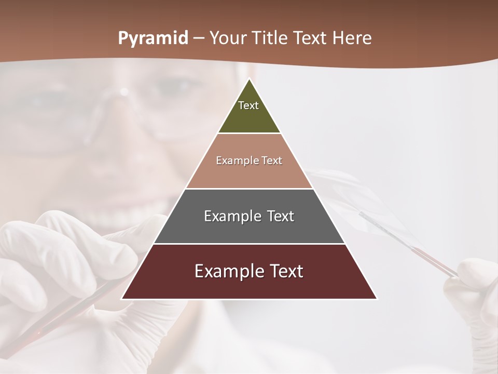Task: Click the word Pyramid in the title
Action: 153,38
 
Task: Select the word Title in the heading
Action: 271,38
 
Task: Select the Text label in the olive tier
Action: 248,106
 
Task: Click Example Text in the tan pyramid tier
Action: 249,161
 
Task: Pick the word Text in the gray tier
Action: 281,217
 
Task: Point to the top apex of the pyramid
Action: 249,79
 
